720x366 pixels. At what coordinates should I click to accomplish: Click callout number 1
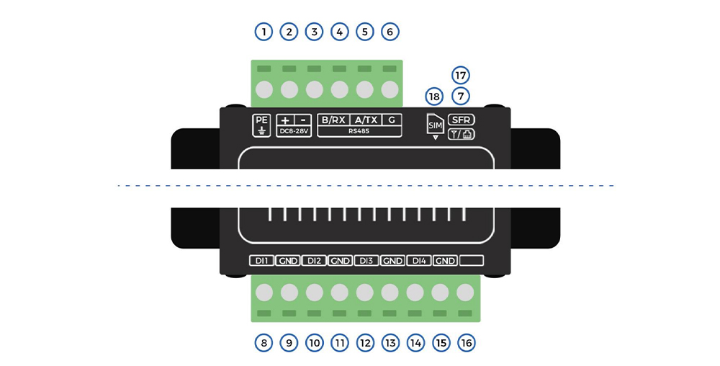pyautogui.click(x=264, y=32)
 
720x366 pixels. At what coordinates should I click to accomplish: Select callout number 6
pyautogui.click(x=390, y=32)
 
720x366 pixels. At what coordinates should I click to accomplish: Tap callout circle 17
pyautogui.click(x=461, y=75)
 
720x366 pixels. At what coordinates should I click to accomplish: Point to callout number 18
pyautogui.click(x=434, y=97)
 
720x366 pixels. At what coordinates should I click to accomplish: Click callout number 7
pyautogui.click(x=461, y=96)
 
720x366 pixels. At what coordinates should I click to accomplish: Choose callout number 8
pyautogui.click(x=264, y=343)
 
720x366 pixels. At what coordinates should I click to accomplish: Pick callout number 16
pyautogui.click(x=466, y=343)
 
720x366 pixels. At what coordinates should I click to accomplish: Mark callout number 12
pyautogui.click(x=365, y=343)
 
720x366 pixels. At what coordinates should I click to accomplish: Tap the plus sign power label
pyautogui.click(x=285, y=120)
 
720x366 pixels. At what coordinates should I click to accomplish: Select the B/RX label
pyautogui.click(x=333, y=120)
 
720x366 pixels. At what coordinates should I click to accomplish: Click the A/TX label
pyautogui.click(x=366, y=120)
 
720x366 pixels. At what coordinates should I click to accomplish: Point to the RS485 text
pyautogui.click(x=358, y=132)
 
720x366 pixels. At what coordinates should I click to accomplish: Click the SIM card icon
pyautogui.click(x=435, y=125)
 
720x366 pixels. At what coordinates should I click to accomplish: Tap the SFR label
pyautogui.click(x=461, y=120)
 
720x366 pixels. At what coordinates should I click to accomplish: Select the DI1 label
pyautogui.click(x=261, y=261)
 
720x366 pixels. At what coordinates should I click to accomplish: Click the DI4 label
pyautogui.click(x=419, y=261)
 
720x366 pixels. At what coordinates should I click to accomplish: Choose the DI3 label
pyautogui.click(x=366, y=261)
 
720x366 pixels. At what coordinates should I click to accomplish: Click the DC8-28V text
pyautogui.click(x=294, y=132)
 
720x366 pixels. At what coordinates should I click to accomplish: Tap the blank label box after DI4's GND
pyautogui.click(x=471, y=261)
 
